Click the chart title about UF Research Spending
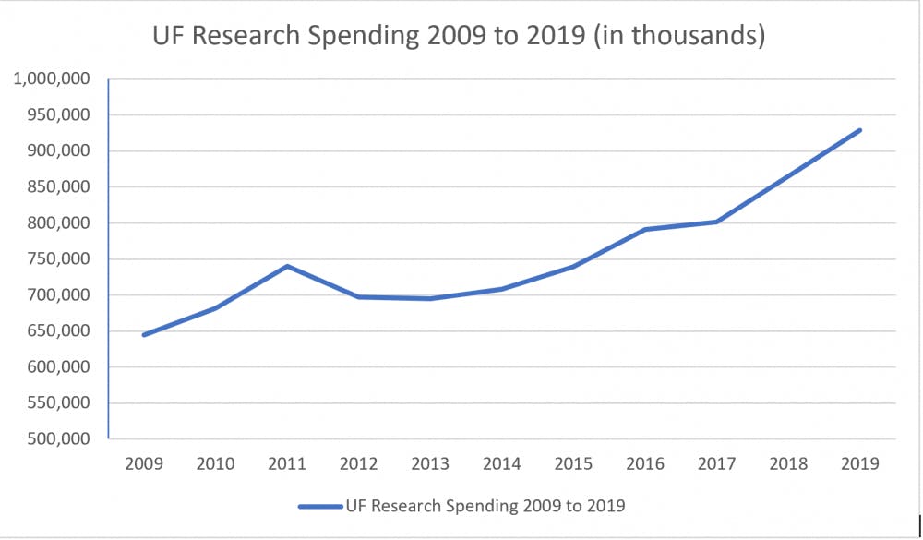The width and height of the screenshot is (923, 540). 460,37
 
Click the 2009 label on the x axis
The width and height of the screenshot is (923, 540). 144,463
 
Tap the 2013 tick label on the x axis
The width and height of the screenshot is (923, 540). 430,463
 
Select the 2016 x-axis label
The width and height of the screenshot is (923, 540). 645,463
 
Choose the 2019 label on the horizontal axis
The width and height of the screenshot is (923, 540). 860,463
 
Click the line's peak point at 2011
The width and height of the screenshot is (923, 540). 287,266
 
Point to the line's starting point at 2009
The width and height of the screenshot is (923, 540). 144,335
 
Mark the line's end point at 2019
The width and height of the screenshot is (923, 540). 860,130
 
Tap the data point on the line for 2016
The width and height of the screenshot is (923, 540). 645,229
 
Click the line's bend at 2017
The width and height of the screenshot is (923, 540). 717,222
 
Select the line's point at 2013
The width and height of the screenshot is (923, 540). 430,298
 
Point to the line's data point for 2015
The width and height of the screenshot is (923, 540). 573,267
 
